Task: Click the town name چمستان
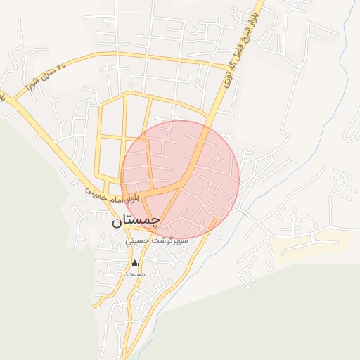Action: pos(136,220)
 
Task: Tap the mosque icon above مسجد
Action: pos(134,264)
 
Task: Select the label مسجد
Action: pos(134,274)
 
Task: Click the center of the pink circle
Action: pos(180,180)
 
